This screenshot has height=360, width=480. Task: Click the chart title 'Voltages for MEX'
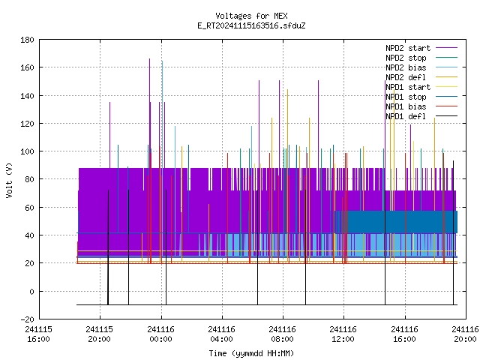(251, 16)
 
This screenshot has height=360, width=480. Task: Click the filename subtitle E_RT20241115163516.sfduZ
(251, 25)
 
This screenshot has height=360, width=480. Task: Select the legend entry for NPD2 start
(408, 48)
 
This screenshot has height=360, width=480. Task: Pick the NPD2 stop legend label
(406, 58)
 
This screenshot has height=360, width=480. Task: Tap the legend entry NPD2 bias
(406, 67)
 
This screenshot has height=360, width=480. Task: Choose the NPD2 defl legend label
(406, 77)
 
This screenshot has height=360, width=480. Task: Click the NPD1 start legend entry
(408, 87)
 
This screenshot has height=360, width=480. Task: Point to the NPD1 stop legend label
(406, 97)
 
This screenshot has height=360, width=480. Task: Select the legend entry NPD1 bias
(406, 106)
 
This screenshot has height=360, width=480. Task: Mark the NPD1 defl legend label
(406, 117)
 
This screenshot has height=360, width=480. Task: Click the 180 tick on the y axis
(27, 40)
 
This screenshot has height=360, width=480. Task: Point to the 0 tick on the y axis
(31, 292)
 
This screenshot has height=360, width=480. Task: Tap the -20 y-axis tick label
(27, 319)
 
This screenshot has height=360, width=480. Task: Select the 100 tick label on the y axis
(27, 151)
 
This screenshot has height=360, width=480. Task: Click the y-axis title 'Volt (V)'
(10, 180)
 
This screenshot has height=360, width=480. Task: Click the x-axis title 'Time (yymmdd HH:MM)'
(251, 353)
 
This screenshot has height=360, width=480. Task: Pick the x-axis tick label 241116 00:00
(161, 334)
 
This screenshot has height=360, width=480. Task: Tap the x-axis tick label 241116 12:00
(343, 334)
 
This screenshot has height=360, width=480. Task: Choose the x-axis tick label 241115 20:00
(100, 334)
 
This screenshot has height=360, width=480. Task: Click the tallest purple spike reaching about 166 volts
(150, 113)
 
